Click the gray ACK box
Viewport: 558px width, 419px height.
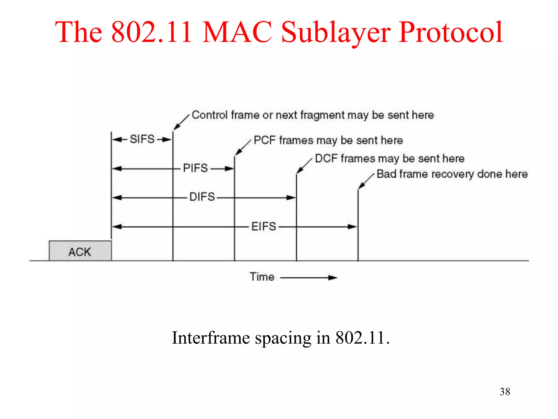(80, 251)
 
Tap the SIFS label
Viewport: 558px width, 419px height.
(142, 139)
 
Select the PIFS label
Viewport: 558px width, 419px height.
(195, 168)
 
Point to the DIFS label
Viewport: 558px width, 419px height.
(202, 197)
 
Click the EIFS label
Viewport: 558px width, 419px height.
(263, 226)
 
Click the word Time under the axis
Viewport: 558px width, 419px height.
(262, 277)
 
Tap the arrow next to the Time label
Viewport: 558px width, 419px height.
(309, 278)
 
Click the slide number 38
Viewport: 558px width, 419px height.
(505, 392)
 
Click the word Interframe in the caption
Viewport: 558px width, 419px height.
(211, 338)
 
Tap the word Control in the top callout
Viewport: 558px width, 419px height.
(210, 115)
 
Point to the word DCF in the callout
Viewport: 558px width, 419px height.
(326, 158)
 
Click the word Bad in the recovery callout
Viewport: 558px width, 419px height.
(386, 174)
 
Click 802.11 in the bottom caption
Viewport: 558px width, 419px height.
(360, 338)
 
